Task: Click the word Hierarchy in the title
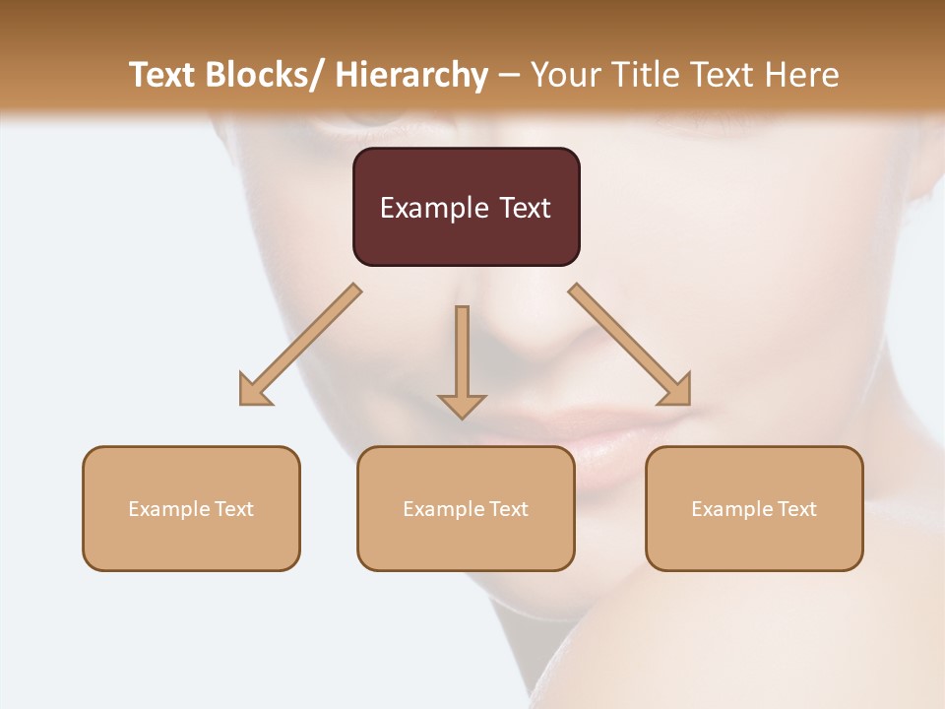(x=411, y=75)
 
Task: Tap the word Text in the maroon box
(x=523, y=208)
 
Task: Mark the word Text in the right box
(x=796, y=509)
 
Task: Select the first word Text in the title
(x=163, y=75)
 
